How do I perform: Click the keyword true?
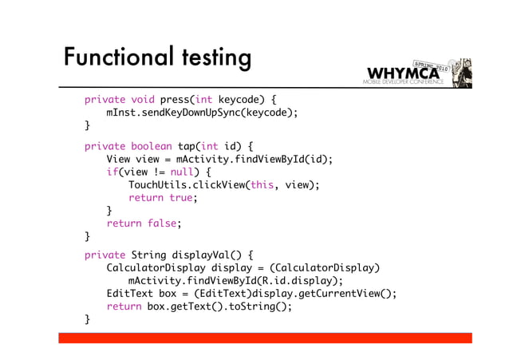pos(181,198)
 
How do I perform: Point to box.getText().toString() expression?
pos(215,307)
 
